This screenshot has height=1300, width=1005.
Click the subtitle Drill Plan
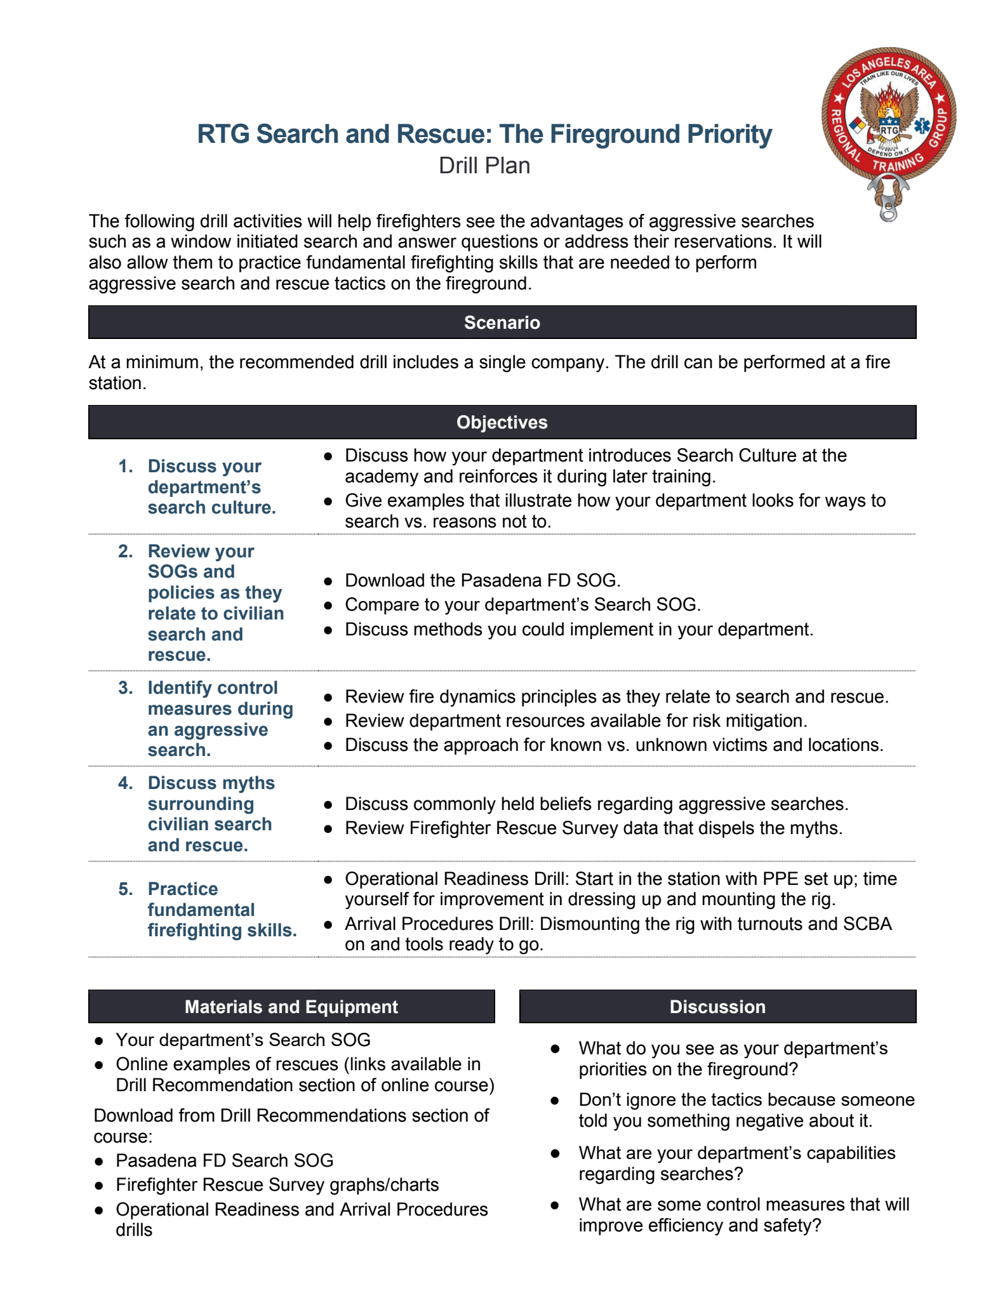tap(484, 166)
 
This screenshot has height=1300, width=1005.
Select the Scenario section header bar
tap(502, 322)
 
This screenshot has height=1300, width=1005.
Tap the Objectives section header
tap(502, 422)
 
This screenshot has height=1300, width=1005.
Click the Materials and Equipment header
tap(291, 1007)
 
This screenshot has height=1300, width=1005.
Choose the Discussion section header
tap(717, 1007)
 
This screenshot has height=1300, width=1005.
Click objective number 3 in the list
tap(125, 688)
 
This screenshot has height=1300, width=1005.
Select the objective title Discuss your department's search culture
tap(211, 487)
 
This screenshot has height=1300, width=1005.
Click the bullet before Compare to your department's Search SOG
tap(328, 606)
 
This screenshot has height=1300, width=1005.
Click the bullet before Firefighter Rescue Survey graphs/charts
tap(99, 1185)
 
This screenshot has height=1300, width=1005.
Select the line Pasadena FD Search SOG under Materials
tap(224, 1160)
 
